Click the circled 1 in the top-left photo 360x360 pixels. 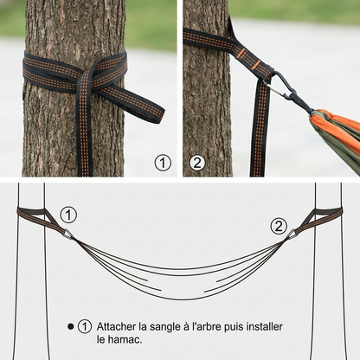click(x=162, y=162)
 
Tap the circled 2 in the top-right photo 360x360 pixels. click(x=197, y=162)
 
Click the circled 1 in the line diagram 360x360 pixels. click(x=69, y=214)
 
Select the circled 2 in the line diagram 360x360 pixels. click(x=279, y=226)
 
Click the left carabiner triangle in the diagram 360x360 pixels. click(x=67, y=233)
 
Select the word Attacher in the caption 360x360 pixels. click(x=117, y=326)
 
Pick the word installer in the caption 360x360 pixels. click(x=263, y=326)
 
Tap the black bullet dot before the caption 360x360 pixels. click(x=71, y=327)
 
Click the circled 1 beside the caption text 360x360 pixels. click(x=85, y=327)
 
